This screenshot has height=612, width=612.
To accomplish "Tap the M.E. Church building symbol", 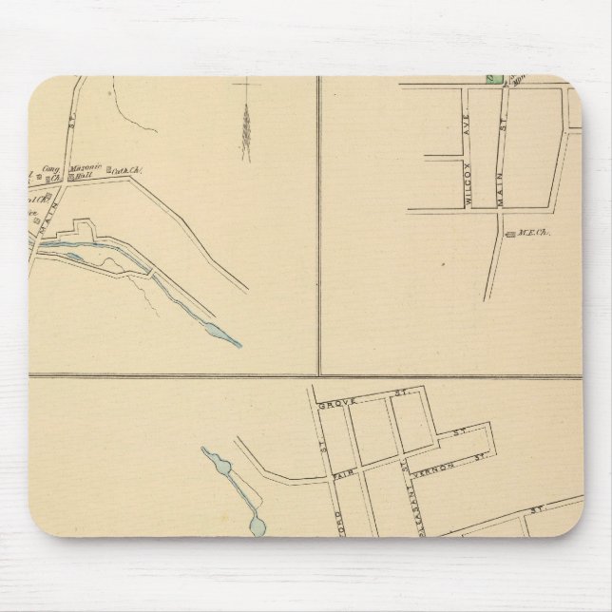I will pyautogui.click(x=510, y=234).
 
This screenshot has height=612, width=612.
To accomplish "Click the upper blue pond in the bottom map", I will pyautogui.click(x=222, y=463).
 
